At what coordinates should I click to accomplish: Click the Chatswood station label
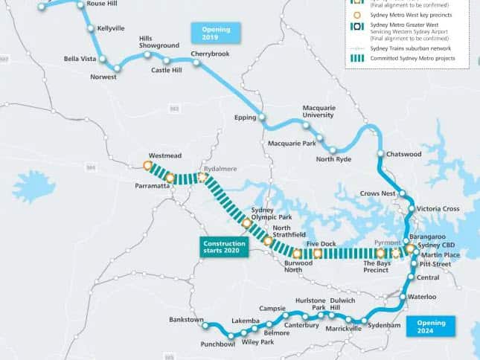point(405,155)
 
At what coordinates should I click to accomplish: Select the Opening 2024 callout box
point(431,327)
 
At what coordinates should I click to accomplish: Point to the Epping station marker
point(262,117)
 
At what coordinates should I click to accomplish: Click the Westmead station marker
point(147,165)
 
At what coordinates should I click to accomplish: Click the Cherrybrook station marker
point(196,63)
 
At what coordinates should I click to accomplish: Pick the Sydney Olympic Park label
point(263,213)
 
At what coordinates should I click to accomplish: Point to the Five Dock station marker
point(318,254)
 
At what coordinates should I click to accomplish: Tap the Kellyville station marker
point(90,29)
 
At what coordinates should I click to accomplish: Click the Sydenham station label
point(385,326)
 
